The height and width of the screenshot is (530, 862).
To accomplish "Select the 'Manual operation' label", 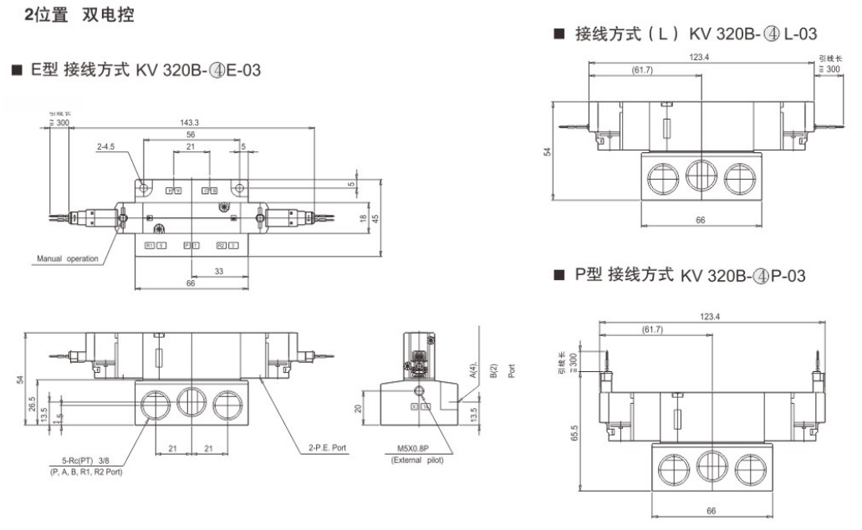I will [x=67, y=258].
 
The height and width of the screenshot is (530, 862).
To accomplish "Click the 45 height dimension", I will [x=376, y=217].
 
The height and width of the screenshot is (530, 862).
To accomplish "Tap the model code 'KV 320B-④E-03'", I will [x=198, y=71].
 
